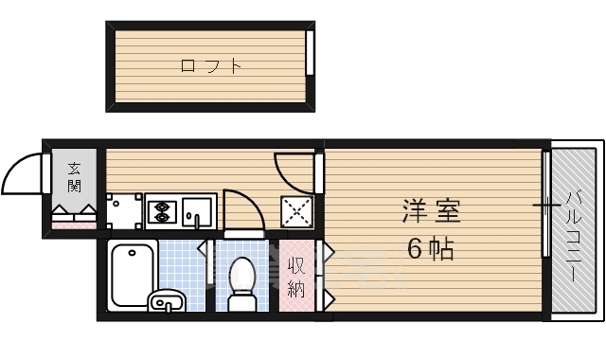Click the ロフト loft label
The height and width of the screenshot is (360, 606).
(210, 66)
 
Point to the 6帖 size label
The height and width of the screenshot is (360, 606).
(431, 249)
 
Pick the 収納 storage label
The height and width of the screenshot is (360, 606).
(294, 277)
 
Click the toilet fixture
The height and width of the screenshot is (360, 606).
(243, 282)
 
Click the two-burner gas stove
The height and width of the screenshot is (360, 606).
(160, 211)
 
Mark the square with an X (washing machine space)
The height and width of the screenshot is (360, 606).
(297, 212)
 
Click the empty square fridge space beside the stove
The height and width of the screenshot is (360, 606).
(123, 212)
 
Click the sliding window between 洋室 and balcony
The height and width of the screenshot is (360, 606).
(546, 204)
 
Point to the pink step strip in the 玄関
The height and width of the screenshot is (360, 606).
(74, 225)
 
